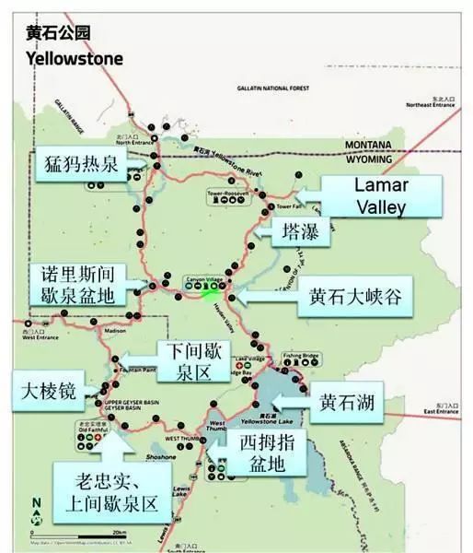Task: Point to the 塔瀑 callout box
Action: (x=301, y=234)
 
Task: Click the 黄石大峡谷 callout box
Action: (x=353, y=298)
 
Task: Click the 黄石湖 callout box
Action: (x=347, y=404)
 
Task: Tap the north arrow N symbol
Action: (x=36, y=506)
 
